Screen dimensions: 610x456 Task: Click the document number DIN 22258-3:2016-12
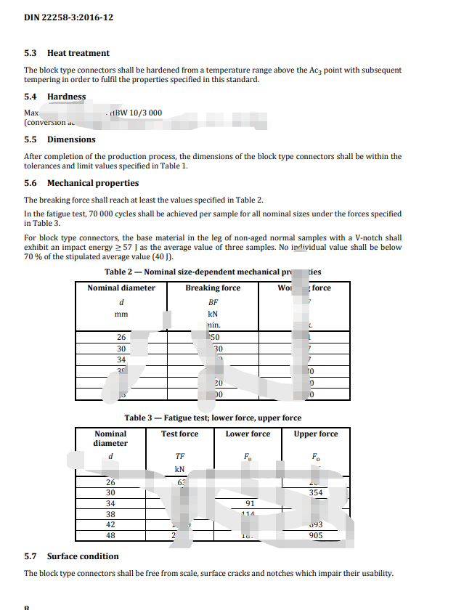(68, 17)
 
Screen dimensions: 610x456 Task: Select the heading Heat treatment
(78, 53)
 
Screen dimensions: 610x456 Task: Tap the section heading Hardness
(66, 97)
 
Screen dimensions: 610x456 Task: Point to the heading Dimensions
(71, 139)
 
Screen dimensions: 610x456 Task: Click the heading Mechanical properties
(93, 183)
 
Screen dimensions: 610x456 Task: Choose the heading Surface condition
(83, 556)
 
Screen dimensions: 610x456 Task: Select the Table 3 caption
(213, 418)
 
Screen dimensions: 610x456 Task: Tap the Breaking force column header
(213, 288)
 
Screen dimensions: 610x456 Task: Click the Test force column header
(179, 434)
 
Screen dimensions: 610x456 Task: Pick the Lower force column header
(248, 434)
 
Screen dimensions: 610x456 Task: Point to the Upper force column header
(315, 434)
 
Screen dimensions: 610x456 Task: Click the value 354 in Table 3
(315, 492)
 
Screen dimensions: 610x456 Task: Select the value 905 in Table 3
(315, 536)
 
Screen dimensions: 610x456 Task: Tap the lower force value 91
(251, 503)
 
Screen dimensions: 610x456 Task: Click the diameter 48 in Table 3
(111, 536)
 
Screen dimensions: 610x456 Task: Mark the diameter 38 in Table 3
(111, 514)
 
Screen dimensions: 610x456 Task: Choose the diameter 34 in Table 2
(121, 359)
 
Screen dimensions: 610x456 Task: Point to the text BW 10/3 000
(138, 113)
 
